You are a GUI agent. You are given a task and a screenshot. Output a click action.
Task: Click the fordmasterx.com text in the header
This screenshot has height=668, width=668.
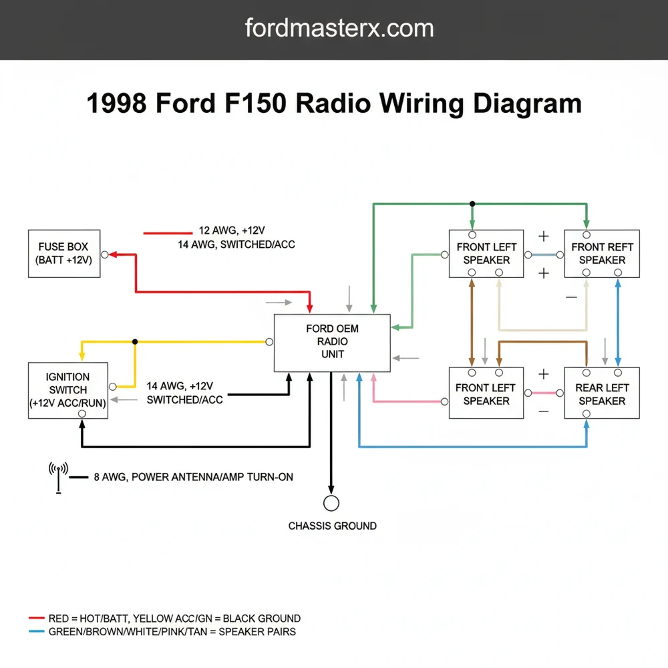339,28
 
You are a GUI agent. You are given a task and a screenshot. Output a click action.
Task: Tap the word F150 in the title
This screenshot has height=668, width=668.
253,104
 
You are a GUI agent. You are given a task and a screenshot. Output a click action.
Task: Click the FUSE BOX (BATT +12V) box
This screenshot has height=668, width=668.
64,254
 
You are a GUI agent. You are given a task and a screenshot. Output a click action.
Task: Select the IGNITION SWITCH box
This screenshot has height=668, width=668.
68,390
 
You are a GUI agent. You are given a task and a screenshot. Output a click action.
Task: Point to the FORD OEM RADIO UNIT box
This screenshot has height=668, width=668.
332,342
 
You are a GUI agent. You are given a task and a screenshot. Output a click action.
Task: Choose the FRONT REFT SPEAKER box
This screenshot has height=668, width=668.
602,254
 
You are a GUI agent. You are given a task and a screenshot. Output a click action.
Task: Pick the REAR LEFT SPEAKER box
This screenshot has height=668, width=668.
601,394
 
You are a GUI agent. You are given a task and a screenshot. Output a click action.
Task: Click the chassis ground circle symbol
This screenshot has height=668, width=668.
331,503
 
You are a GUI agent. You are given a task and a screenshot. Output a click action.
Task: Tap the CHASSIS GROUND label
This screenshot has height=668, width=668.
332,526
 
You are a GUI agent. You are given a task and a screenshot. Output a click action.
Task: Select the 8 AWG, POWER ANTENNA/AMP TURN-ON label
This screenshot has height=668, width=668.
192,477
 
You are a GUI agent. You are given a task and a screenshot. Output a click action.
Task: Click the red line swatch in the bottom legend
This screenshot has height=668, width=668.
37,619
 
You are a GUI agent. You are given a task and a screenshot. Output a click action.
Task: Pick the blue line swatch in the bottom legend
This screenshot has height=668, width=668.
37,631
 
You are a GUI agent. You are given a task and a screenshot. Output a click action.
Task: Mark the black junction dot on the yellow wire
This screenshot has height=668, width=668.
135,341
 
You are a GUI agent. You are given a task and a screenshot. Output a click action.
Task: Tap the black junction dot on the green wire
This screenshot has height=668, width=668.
472,204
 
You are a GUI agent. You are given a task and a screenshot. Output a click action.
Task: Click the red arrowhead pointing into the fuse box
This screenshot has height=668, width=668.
114,255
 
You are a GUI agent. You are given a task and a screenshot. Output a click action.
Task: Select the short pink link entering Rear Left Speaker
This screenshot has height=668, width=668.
544,393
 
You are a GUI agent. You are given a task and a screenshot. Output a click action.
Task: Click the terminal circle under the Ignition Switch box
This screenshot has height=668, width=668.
81,414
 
